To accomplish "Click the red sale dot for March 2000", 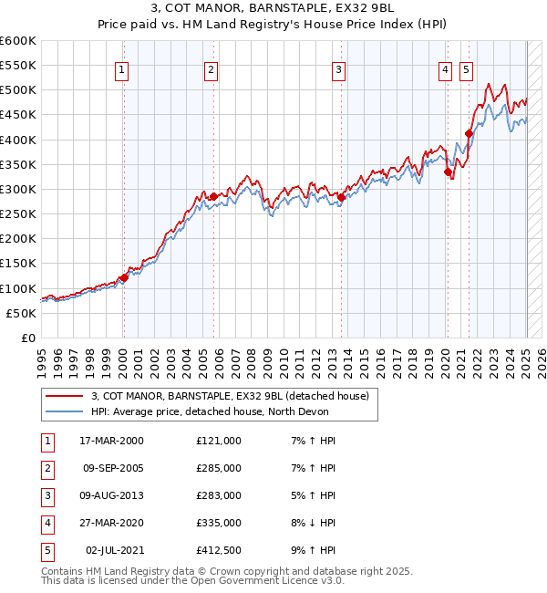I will [123, 277].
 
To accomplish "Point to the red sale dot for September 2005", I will [212, 196].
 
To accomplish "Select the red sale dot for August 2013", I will [340, 197].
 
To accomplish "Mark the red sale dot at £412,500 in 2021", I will [469, 133].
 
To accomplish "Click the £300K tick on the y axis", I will [19, 190].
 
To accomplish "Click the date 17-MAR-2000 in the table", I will [111, 441].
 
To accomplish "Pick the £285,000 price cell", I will [219, 468].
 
